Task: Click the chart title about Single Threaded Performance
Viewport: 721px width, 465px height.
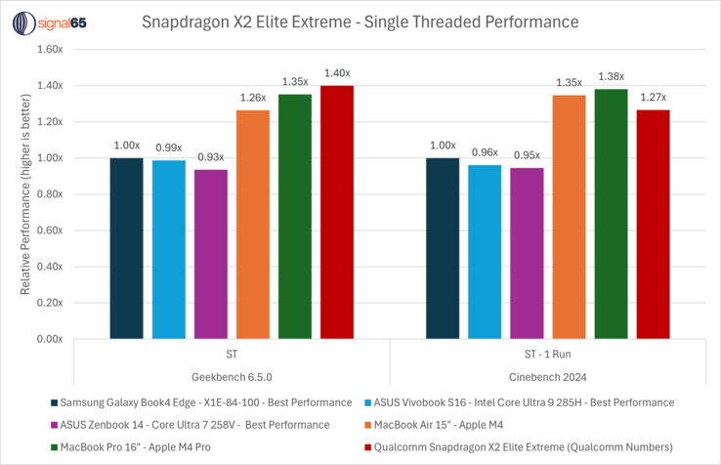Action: pos(360,21)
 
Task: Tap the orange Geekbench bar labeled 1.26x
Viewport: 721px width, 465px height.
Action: pos(252,225)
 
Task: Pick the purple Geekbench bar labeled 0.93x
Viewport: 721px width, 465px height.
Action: pos(210,254)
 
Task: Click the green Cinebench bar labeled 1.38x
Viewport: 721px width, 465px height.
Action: pos(612,214)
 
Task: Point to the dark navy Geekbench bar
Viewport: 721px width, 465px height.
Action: pos(126,248)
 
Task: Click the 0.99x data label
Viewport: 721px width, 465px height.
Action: pos(168,148)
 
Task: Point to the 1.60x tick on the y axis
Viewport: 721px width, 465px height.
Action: pos(49,50)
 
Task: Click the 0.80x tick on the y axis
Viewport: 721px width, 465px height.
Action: pos(49,194)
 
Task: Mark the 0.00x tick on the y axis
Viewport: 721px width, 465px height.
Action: pos(49,339)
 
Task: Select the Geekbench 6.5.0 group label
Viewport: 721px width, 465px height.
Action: pos(232,375)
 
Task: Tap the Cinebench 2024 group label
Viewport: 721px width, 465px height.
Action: pos(548,375)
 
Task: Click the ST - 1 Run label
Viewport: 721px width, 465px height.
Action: pos(548,352)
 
